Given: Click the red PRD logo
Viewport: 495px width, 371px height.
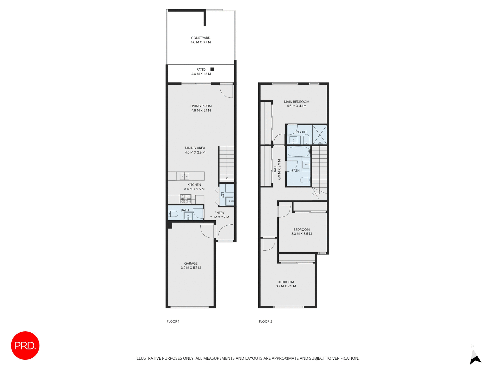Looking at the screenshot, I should [x=25, y=345].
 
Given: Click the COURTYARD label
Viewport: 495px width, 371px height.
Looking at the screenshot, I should [x=201, y=38].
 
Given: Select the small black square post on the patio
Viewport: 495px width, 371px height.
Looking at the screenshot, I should [x=212, y=69].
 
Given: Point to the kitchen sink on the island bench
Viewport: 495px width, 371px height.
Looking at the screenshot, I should [x=184, y=176].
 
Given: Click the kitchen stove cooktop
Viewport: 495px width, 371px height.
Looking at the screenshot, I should [x=186, y=199].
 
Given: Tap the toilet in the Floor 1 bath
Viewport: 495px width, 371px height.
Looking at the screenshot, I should [x=173, y=214].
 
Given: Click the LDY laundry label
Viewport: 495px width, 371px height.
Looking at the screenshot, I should [x=222, y=195].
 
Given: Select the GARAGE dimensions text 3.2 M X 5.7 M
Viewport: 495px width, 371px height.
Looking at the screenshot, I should [x=191, y=268].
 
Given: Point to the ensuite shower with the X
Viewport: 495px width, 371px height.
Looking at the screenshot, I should [x=320, y=134].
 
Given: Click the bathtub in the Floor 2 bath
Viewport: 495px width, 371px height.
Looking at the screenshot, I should [x=299, y=152].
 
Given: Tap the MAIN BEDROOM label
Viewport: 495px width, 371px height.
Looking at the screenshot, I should [x=296, y=102].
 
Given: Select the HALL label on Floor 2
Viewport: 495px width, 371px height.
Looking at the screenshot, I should [x=275, y=169].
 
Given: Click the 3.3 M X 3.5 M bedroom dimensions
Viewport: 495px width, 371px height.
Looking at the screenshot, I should [x=301, y=234].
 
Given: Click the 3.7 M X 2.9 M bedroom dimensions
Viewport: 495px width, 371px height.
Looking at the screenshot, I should [x=286, y=286].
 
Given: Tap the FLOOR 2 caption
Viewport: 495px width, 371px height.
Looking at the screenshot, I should [x=265, y=322].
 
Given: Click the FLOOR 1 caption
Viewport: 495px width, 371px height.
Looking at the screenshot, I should [x=173, y=322].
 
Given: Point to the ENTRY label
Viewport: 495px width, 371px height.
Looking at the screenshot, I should [x=219, y=213].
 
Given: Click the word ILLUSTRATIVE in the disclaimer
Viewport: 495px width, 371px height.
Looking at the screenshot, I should [x=148, y=358].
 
